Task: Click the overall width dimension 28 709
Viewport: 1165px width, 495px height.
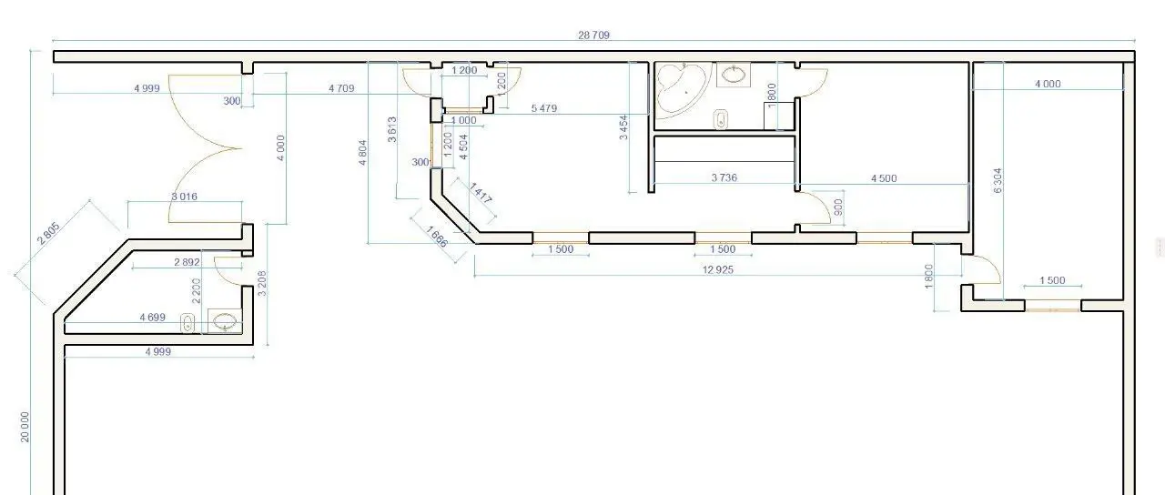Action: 593,35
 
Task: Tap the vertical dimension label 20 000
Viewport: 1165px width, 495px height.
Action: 25,427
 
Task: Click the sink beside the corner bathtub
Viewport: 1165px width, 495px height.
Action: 734,75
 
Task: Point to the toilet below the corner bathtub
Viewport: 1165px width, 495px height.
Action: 721,119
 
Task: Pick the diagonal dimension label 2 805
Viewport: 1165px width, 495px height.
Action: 49,234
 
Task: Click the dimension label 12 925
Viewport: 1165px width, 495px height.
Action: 718,270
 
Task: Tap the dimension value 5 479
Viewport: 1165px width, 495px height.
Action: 544,108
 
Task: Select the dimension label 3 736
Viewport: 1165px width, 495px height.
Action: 724,177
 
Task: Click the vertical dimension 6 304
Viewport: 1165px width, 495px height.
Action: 997,180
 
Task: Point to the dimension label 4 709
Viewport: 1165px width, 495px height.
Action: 341,88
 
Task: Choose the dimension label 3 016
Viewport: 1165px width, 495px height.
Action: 184,197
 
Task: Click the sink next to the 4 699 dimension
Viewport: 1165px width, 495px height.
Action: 225,321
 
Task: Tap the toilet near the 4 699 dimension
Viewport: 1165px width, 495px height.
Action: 187,323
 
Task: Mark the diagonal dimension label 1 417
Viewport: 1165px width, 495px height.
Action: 480,193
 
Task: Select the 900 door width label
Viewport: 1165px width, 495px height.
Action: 838,207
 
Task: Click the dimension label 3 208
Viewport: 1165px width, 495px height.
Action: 262,283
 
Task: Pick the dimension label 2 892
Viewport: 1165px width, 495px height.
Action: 187,262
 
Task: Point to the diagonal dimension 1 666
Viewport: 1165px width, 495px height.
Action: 437,237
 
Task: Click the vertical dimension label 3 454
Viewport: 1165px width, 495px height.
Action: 623,127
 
